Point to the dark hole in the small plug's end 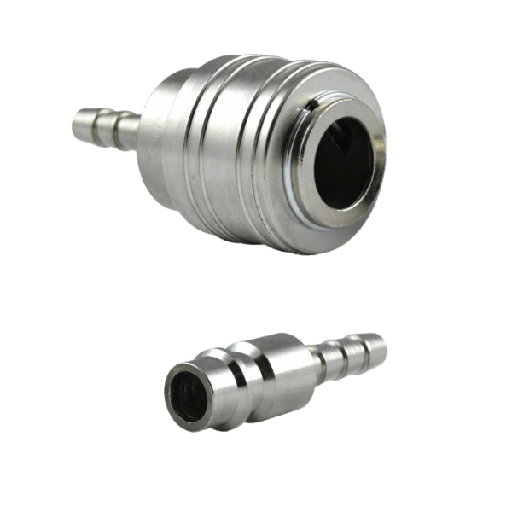coord(186,393)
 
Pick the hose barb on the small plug coord(354,351)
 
